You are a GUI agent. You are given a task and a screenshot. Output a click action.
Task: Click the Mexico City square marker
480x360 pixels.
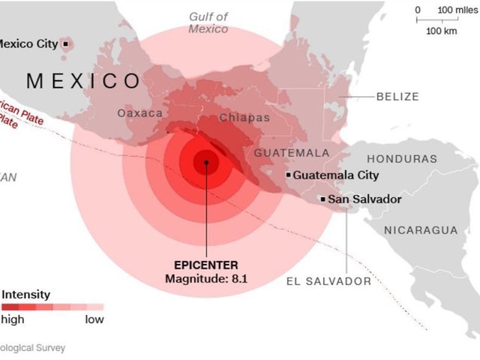[x=66, y=44]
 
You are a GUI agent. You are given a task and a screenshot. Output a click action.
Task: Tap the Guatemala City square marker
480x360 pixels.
[x=288, y=175]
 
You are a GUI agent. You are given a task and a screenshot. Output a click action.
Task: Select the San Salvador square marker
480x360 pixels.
[x=322, y=199]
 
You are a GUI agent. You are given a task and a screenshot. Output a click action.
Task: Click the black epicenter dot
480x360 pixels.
[x=206, y=160]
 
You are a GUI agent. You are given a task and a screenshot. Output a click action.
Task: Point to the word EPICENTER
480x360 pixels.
[x=206, y=265]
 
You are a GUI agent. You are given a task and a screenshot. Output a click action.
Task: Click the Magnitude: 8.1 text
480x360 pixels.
[x=206, y=279]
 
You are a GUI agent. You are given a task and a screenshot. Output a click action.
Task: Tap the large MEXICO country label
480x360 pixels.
[x=82, y=80]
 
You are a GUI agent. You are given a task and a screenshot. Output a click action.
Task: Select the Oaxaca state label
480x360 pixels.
[x=139, y=113]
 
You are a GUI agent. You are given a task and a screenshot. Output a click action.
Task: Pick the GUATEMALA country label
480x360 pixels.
[x=292, y=153]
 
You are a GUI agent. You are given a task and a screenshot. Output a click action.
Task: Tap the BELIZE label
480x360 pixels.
[x=397, y=97]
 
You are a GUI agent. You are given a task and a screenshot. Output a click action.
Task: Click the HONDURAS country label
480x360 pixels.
[x=402, y=159]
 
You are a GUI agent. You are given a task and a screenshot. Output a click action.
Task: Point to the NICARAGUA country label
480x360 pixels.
[x=421, y=229]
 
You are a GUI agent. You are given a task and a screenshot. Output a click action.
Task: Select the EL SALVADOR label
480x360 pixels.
[x=328, y=281]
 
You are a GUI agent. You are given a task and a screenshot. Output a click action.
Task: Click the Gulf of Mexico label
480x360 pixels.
[x=208, y=22]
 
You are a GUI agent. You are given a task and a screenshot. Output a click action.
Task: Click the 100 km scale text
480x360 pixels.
[x=442, y=31]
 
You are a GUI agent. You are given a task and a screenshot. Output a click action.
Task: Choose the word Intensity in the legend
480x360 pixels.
[x=26, y=294]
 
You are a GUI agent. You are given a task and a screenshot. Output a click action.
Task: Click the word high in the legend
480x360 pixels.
[x=13, y=319]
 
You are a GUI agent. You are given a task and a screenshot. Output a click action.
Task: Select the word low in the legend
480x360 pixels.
[x=94, y=319]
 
